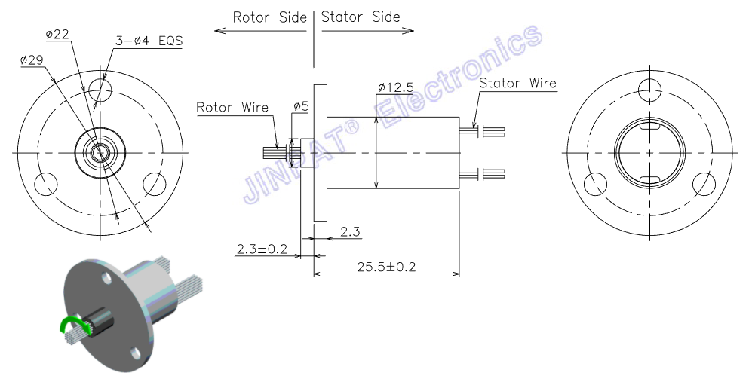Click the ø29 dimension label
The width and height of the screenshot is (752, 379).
(x=32, y=60)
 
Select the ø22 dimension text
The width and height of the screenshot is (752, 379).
(x=57, y=35)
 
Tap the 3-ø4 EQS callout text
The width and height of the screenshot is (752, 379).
(x=149, y=41)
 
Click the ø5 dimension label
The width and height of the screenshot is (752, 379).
(x=301, y=106)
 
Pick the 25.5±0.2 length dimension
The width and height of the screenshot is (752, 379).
(x=386, y=267)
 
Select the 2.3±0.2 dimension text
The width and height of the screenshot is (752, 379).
(x=262, y=249)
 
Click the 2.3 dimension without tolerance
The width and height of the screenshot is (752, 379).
(x=350, y=232)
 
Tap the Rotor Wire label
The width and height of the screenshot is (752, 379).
(x=232, y=107)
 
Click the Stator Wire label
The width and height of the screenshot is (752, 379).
(x=518, y=83)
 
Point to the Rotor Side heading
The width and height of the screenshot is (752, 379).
(x=269, y=17)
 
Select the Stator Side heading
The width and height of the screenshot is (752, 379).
(x=361, y=17)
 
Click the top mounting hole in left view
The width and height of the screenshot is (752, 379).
(x=100, y=87)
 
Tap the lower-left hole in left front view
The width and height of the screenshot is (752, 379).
(x=46, y=184)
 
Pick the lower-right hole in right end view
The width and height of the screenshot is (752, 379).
(x=704, y=184)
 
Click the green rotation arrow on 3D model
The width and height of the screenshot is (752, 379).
(x=72, y=323)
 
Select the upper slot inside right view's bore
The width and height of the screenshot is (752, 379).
(x=650, y=127)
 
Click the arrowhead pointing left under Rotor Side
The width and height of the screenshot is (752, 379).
(x=219, y=31)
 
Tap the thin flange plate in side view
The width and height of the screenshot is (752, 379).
(x=321, y=153)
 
